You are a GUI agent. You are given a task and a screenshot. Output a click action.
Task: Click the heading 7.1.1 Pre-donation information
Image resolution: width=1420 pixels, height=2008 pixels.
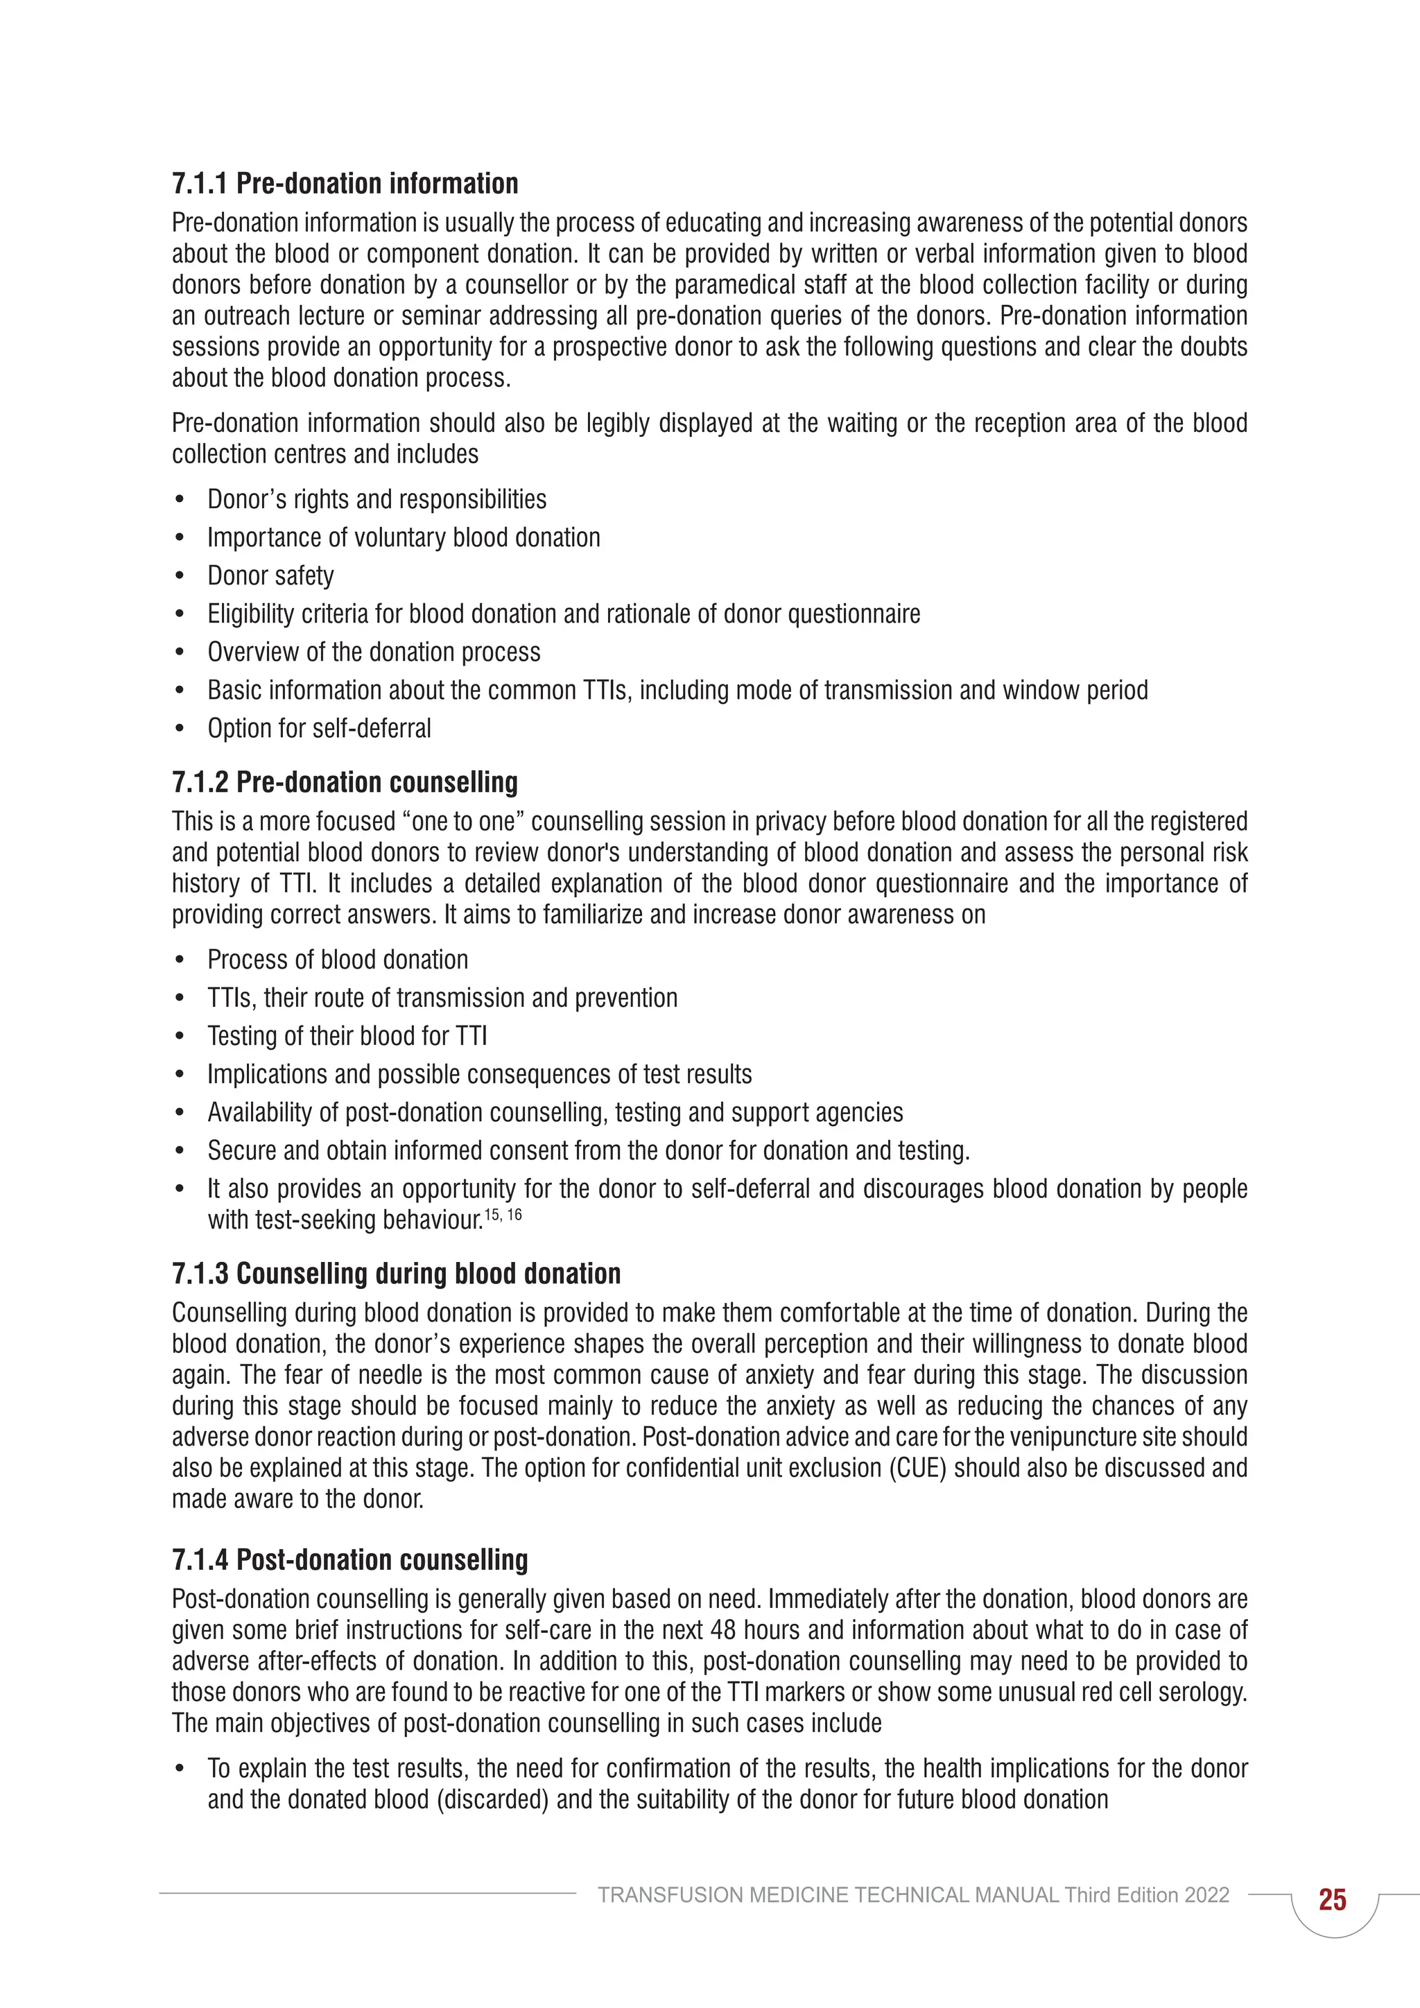(345, 184)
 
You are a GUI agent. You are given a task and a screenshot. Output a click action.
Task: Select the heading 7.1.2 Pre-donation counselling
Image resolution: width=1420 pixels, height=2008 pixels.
(345, 782)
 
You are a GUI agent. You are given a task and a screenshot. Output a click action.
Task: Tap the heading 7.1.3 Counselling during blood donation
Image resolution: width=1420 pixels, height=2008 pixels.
(396, 1273)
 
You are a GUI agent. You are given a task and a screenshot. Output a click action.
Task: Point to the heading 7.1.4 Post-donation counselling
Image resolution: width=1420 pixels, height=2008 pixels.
(349, 1559)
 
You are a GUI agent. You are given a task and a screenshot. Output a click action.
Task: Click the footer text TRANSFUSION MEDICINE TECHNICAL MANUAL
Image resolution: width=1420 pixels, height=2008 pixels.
(828, 1895)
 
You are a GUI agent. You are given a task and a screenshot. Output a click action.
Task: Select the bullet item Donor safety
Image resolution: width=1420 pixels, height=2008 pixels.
(270, 575)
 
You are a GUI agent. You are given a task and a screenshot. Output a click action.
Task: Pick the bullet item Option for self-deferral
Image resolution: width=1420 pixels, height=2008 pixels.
(319, 729)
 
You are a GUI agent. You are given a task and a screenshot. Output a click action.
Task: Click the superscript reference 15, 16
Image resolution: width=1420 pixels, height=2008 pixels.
(503, 1215)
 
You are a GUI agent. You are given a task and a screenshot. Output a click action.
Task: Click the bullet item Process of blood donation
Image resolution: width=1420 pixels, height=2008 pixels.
(338, 960)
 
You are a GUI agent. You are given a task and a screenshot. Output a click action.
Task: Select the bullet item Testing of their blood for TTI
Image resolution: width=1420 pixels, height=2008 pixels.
(347, 1037)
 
